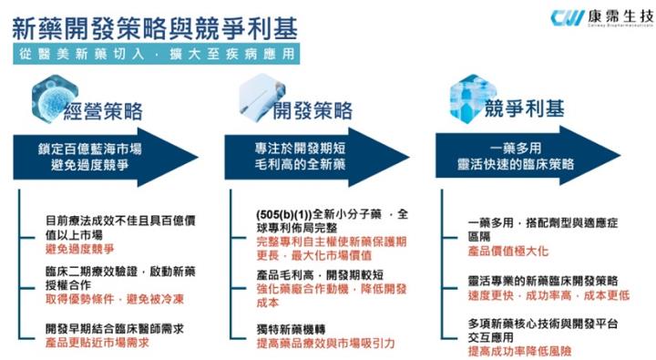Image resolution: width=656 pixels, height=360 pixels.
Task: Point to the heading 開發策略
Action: point(315,112)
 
